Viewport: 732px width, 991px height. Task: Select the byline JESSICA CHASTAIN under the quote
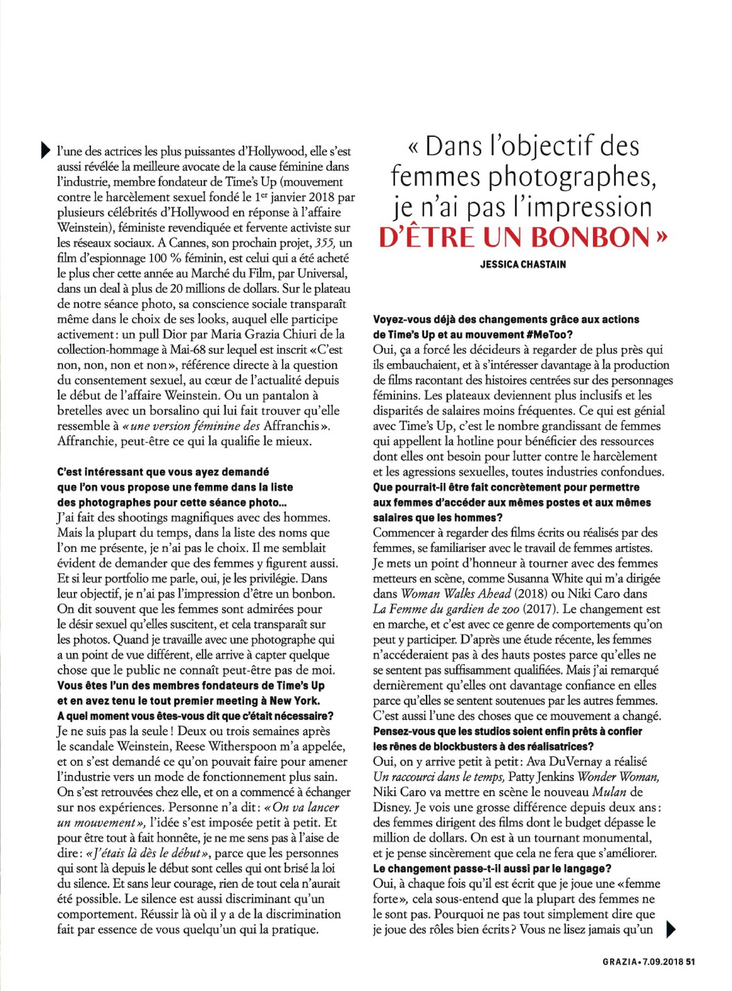[x=523, y=264]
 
